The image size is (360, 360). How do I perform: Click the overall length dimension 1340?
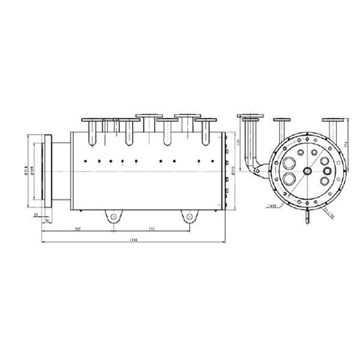(133, 241)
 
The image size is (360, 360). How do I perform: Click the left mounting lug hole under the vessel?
(113, 216)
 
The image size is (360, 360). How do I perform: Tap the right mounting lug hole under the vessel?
(190, 216)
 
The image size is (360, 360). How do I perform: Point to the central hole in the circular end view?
(307, 172)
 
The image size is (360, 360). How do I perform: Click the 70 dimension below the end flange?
(47, 221)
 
